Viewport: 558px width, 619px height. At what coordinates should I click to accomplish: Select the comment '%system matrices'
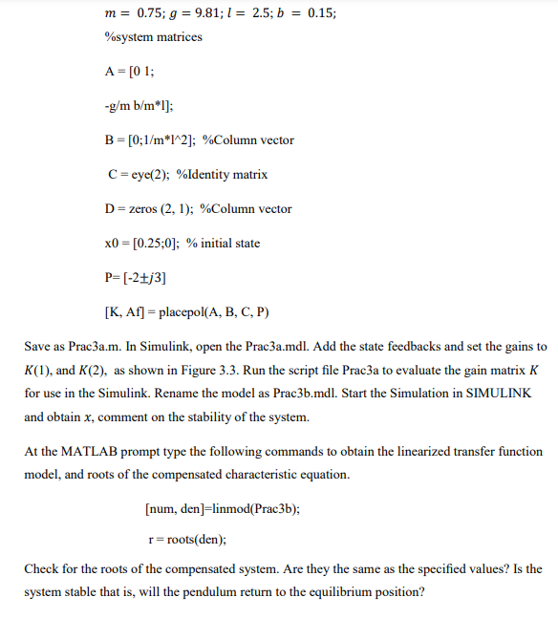point(153,37)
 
